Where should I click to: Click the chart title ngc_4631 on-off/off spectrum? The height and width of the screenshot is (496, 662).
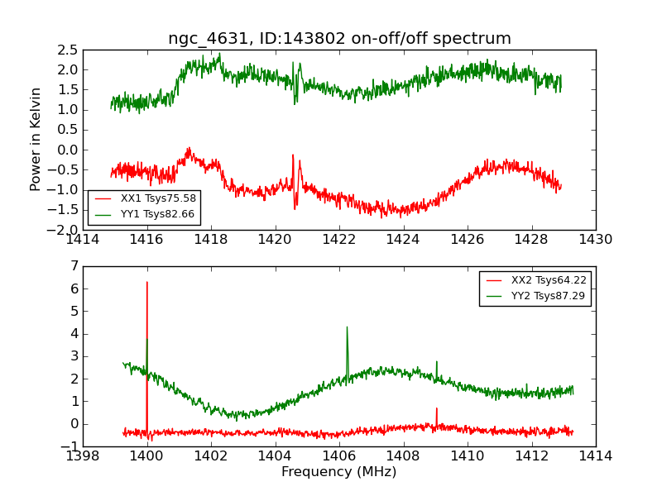(x=339, y=38)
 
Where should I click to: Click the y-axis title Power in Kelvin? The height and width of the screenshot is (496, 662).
(x=36, y=139)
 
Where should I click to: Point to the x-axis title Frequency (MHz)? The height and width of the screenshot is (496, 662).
(x=339, y=472)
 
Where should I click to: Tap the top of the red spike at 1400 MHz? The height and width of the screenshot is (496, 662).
(x=147, y=283)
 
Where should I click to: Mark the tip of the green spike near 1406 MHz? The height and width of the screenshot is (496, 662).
(x=347, y=327)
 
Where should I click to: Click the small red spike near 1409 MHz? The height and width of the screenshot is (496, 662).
(x=436, y=408)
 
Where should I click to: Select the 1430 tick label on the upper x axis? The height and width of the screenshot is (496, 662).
(x=596, y=240)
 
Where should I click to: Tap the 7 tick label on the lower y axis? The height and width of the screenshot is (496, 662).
(x=74, y=266)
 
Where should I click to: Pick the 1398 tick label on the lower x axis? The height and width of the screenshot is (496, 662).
(x=83, y=456)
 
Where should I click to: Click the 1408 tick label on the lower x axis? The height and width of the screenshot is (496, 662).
(x=403, y=456)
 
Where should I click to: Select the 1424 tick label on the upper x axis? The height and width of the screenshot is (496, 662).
(x=403, y=240)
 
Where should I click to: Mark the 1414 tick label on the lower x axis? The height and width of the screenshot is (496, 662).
(x=596, y=456)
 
